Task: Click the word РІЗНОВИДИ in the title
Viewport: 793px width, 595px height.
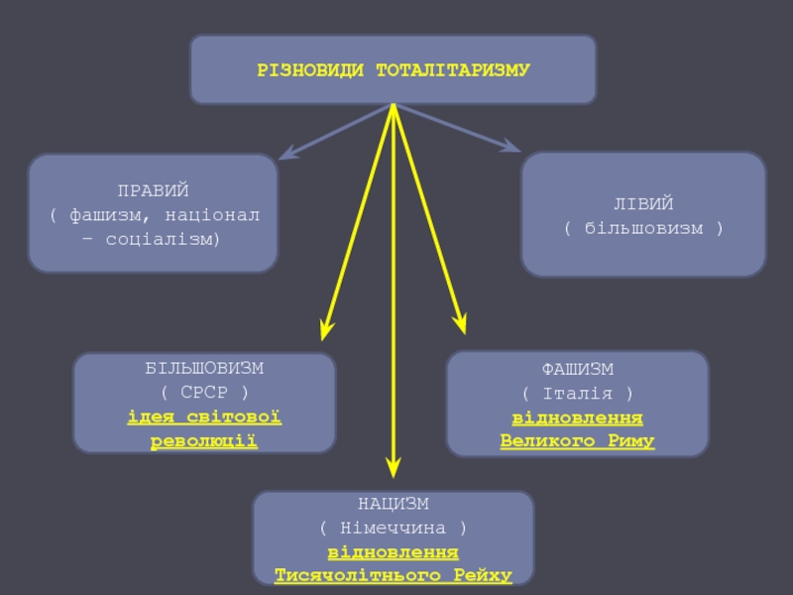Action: pyautogui.click(x=310, y=69)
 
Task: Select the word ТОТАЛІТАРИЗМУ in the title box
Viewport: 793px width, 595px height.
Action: pyautogui.click(x=453, y=69)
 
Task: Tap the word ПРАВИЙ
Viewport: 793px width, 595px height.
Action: pyautogui.click(x=154, y=190)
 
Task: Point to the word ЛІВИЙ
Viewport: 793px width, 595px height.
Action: pyautogui.click(x=643, y=204)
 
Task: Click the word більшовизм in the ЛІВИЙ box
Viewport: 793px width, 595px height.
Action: pyautogui.click(x=643, y=228)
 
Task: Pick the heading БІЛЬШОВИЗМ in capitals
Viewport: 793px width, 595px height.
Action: pyautogui.click(x=204, y=368)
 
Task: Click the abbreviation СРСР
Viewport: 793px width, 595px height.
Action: pyautogui.click(x=204, y=392)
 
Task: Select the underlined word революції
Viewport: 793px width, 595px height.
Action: pyautogui.click(x=204, y=440)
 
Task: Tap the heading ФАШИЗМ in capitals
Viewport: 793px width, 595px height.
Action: pyautogui.click(x=578, y=369)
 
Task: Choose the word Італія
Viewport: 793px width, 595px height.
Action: pyautogui.click(x=578, y=393)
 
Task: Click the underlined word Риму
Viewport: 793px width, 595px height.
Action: pyautogui.click(x=631, y=440)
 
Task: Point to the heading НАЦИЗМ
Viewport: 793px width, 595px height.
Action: pyautogui.click(x=394, y=504)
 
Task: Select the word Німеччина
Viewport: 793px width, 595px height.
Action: pyautogui.click(x=394, y=528)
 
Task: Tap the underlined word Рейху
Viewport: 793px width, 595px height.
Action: pyautogui.click(x=483, y=575)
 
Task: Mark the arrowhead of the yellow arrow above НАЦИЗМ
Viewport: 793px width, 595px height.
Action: pyautogui.click(x=394, y=468)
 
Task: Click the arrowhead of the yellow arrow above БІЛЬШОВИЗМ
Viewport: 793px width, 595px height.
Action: pyautogui.click(x=326, y=330)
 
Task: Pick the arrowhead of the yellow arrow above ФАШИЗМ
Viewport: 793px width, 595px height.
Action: pyautogui.click(x=460, y=324)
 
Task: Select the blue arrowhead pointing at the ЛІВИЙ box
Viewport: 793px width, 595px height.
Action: pyautogui.click(x=510, y=146)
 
